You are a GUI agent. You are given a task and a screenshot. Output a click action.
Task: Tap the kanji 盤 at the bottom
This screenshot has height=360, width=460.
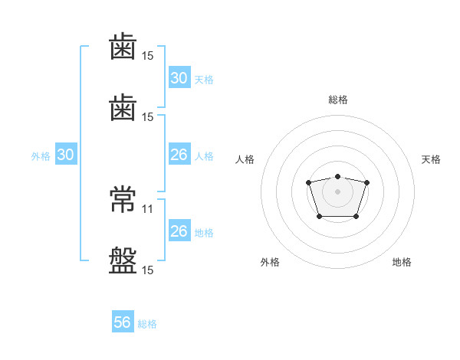tap(123, 259)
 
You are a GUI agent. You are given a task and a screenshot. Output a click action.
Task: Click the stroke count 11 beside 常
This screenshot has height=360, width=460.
tap(148, 208)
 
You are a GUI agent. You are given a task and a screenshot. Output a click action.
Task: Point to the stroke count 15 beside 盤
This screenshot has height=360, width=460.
tap(148, 270)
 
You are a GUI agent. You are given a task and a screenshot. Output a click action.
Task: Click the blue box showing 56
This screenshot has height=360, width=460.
tap(123, 322)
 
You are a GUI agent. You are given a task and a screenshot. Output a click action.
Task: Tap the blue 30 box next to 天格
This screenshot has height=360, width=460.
tap(179, 78)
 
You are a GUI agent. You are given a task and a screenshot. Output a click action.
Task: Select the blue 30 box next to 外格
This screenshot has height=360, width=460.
tap(66, 155)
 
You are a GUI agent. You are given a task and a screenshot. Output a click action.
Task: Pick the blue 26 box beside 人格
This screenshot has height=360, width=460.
tap(179, 155)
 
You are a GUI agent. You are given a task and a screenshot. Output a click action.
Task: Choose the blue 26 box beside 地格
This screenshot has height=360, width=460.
tap(179, 231)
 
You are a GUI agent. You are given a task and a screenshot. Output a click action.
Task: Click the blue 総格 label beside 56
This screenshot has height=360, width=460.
tap(148, 324)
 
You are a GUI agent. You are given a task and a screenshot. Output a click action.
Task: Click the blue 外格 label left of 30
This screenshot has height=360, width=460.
tap(41, 156)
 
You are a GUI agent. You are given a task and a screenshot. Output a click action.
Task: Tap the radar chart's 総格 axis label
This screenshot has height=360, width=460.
tap(337, 100)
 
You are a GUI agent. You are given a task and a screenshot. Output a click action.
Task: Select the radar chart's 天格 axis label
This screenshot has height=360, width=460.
tap(432, 159)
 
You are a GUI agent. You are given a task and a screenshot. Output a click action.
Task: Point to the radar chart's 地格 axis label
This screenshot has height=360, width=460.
tap(402, 262)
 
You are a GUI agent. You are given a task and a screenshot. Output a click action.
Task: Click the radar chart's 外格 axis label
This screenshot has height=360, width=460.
tap(270, 262)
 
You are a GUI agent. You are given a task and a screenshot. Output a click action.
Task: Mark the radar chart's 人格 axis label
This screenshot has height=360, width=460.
tap(245, 159)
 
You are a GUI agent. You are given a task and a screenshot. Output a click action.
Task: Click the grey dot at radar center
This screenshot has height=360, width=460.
tap(337, 191)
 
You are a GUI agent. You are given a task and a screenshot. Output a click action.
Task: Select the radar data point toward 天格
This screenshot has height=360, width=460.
tap(366, 182)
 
